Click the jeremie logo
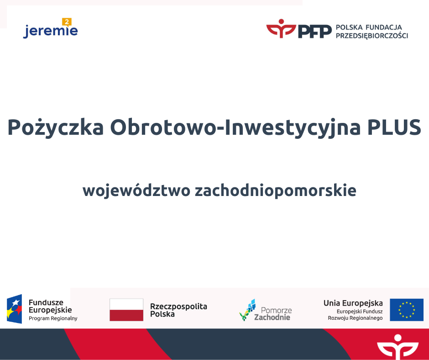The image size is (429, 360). pyautogui.click(x=51, y=28)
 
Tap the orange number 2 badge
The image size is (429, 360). pyautogui.click(x=67, y=22)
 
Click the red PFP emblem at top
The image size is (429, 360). pyautogui.click(x=281, y=28)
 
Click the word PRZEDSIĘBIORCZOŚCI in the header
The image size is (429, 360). pyautogui.click(x=372, y=36)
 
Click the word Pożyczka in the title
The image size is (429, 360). pyautogui.click(x=56, y=127)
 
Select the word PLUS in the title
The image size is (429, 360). pyautogui.click(x=394, y=127)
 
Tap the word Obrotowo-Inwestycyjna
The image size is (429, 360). pyautogui.click(x=235, y=127)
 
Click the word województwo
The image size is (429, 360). pyautogui.click(x=136, y=190)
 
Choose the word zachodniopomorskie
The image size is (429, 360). pyautogui.click(x=276, y=191)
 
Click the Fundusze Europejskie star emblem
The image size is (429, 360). pyautogui.click(x=15, y=309)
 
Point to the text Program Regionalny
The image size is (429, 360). pyautogui.click(x=53, y=318)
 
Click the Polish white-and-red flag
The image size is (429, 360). pyautogui.click(x=126, y=310)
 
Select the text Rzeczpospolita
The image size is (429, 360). pyautogui.click(x=178, y=306)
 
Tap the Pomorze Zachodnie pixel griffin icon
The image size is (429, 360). pyautogui.click(x=248, y=310)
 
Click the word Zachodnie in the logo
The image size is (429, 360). pyautogui.click(x=272, y=317)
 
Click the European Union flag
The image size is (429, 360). pyautogui.click(x=407, y=310)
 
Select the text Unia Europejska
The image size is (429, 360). pyautogui.click(x=353, y=303)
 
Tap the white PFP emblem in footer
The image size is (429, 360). pyautogui.click(x=398, y=347)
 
